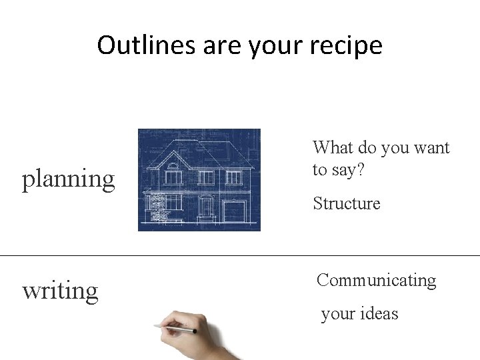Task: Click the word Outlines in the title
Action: point(137,45)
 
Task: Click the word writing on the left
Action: point(60,291)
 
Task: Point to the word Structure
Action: point(346,203)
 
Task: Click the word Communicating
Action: point(376,281)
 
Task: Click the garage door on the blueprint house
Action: point(233,212)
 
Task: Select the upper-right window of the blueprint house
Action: point(233,177)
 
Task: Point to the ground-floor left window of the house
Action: point(173,202)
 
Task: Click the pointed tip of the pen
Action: point(155,326)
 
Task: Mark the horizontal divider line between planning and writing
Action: point(240,255)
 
